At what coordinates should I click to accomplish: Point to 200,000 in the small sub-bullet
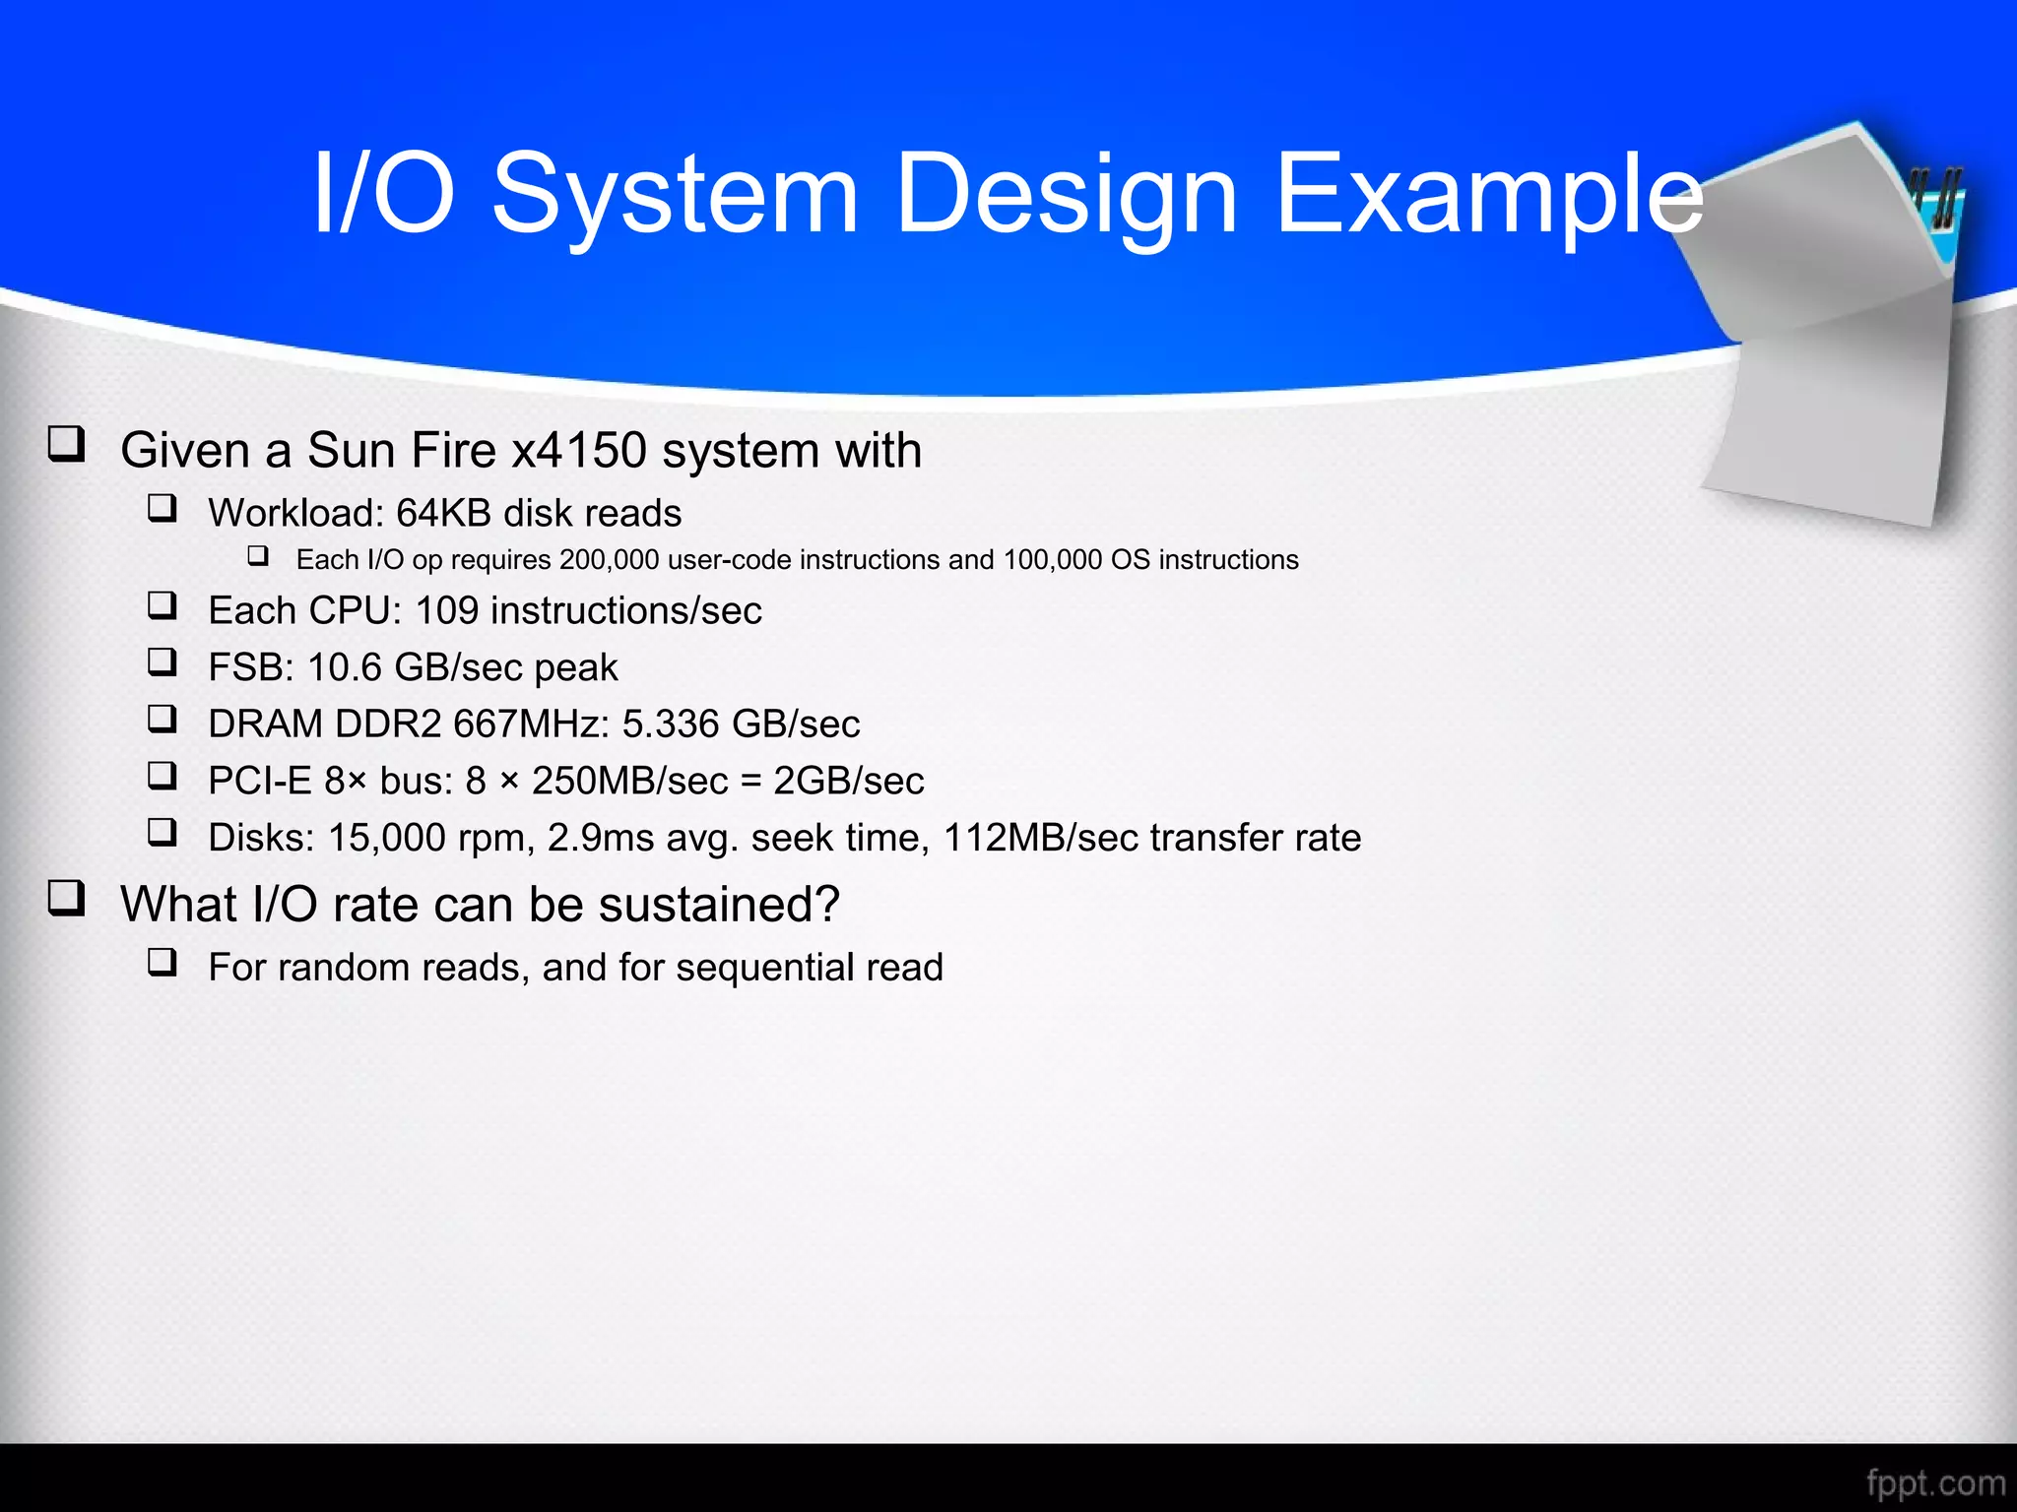609,560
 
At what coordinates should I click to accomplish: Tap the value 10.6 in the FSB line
344,667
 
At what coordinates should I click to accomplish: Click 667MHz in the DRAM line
530,724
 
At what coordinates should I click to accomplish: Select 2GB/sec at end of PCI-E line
848,782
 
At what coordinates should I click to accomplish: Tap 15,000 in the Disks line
386,838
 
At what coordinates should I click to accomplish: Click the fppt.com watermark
1935,1482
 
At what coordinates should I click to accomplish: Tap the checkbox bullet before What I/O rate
67,899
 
